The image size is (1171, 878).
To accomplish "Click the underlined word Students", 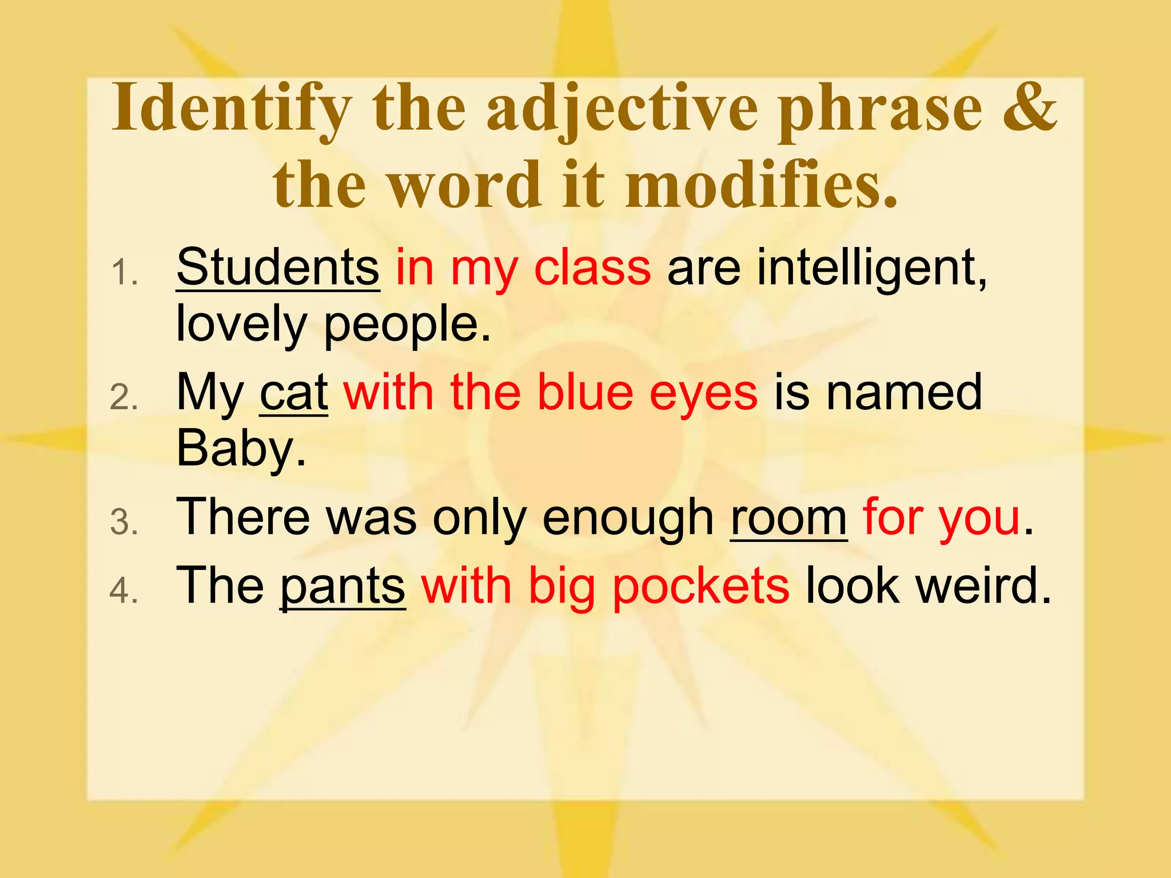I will coord(278,268).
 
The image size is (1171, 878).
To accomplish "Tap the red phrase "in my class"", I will coord(523,268).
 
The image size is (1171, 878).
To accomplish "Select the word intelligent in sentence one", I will coord(872,268).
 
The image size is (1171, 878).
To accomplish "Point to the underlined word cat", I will coord(294,393).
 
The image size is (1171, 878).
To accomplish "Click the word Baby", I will coord(241,449).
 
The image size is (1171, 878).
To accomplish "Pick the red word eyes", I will coord(703,393).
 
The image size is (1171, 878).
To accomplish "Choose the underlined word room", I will coord(788,517).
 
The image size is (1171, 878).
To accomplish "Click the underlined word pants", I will coord(342,586).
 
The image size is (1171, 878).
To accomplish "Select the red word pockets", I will coord(701,586).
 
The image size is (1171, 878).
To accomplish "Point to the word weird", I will coord(983,586).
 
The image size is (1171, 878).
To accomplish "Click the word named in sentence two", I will coord(904,393).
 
